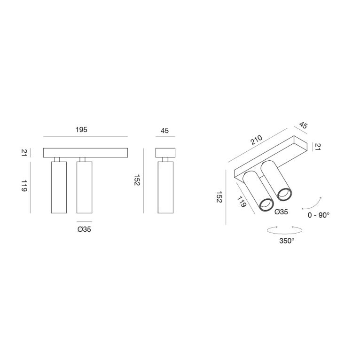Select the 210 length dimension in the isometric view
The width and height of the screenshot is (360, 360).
[256, 140]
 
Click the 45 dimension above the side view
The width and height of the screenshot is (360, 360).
[164, 131]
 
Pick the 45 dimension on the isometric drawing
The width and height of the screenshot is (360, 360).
[303, 125]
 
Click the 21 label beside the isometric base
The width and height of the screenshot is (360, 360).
[318, 147]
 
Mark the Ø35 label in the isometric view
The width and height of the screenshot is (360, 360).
[281, 212]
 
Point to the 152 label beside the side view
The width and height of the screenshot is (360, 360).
[137, 180]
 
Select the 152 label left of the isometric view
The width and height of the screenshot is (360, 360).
[219, 197]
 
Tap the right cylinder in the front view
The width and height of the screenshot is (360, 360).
[84, 188]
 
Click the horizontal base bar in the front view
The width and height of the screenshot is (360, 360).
[85, 153]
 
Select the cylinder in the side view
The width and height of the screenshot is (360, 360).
[165, 188]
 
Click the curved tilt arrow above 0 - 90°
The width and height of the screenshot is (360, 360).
[312, 203]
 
